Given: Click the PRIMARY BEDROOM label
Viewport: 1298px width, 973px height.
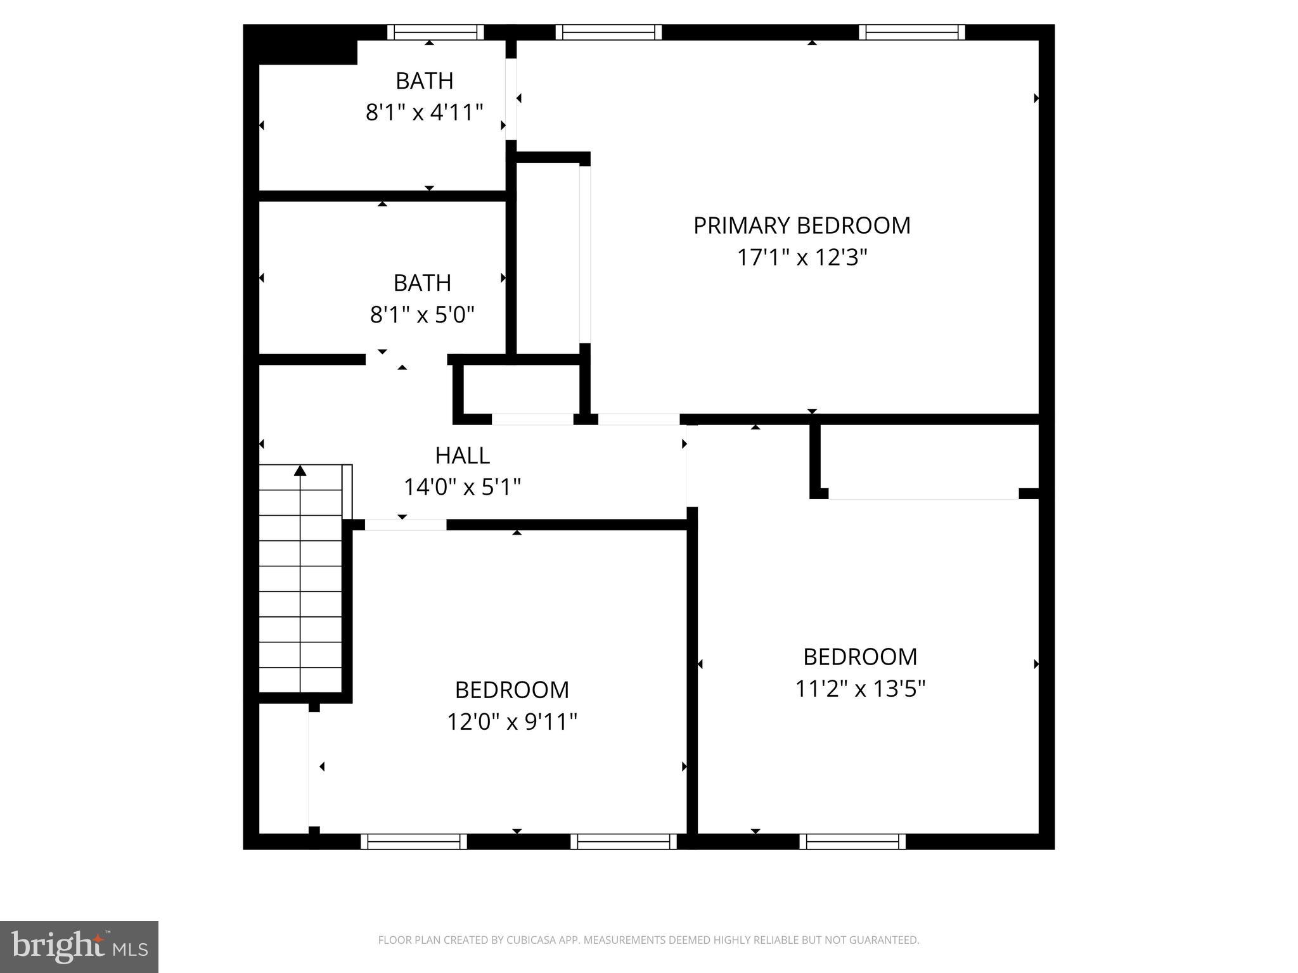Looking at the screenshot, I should pos(802,226).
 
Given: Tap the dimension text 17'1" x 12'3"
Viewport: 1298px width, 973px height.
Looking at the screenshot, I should pos(802,258).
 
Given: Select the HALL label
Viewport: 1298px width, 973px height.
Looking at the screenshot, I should pos(462,455).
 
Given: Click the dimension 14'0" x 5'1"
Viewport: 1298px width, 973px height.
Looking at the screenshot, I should pos(462,487).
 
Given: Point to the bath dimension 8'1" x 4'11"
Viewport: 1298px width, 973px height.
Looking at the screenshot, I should pos(424,113).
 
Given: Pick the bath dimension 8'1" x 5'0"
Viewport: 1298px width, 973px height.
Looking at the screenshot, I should pos(422,314).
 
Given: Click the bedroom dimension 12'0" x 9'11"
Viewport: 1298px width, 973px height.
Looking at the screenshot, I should pos(512,722).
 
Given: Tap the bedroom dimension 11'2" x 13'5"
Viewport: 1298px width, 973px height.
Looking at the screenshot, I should pos(860,689).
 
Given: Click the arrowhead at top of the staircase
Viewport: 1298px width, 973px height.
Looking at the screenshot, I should pos(300,470).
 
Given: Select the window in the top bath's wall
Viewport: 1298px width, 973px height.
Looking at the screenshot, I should pos(435,32).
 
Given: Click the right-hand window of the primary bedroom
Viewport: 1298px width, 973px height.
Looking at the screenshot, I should pos(912,32).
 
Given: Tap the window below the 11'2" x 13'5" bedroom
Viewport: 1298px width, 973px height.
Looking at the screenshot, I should pos(852,841).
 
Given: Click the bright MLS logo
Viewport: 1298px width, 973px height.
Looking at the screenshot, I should pos(79,946).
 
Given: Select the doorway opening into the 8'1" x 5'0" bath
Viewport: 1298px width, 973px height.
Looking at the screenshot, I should pos(406,360).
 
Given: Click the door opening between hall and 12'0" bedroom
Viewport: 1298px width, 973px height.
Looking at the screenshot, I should pos(406,525).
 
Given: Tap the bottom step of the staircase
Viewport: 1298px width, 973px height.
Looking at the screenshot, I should pos(300,680).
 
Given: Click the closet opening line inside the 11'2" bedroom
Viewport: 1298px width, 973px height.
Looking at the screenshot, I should pos(923,499).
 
